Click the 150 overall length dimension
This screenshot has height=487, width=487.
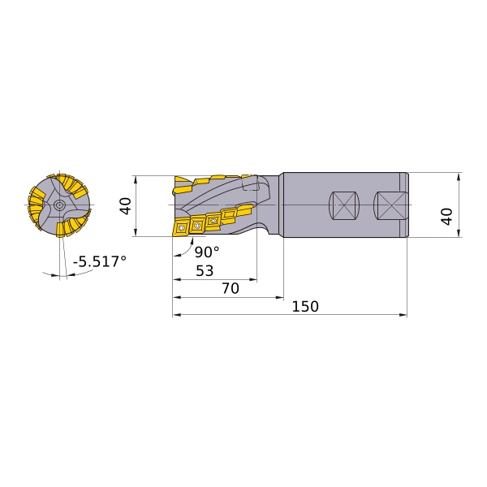(x=305, y=307)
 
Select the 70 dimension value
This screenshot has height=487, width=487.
(x=231, y=288)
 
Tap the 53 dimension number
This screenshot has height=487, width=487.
(x=205, y=271)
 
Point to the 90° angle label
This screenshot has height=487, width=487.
(x=207, y=252)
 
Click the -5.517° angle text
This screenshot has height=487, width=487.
(x=100, y=261)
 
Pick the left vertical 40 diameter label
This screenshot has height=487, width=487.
(x=126, y=206)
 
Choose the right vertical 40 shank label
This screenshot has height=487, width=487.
(x=446, y=217)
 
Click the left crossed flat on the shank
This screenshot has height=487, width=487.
(x=344, y=205)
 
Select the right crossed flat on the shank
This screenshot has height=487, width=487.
(x=391, y=205)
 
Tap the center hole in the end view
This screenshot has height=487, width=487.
(x=58, y=205)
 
